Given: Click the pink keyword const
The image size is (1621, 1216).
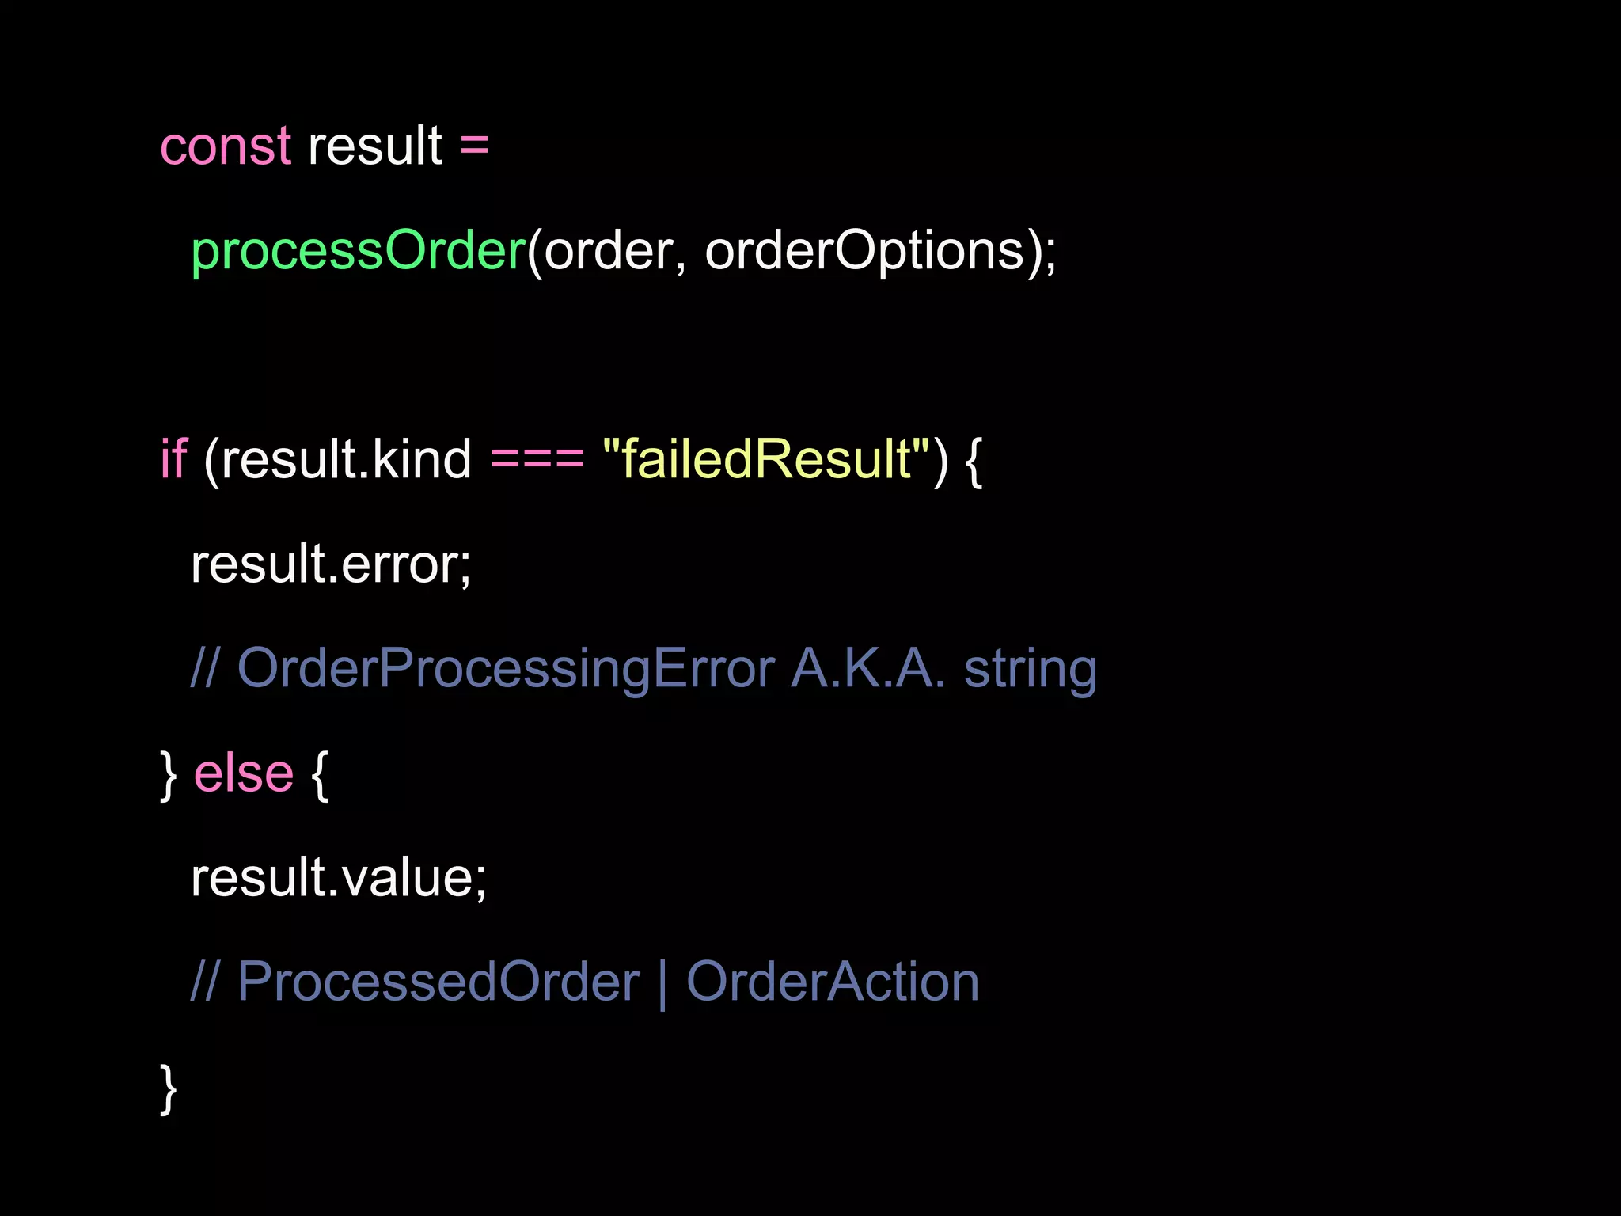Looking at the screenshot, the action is click(x=226, y=147).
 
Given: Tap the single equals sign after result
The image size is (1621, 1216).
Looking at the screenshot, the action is click(x=473, y=147).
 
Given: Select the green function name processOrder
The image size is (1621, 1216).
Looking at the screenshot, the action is click(x=359, y=252).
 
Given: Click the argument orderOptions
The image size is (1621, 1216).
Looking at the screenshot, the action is click(x=864, y=252).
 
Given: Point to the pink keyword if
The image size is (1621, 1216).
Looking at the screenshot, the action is click(x=173, y=460).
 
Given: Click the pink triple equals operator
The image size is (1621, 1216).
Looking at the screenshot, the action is click(x=537, y=460).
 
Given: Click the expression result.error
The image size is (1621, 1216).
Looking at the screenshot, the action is click(x=330, y=564).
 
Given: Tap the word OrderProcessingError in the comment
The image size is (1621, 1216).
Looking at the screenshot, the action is click(x=506, y=669).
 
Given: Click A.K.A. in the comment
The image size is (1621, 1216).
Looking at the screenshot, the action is click(x=867, y=669).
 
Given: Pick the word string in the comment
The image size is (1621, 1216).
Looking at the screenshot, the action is click(x=1030, y=669).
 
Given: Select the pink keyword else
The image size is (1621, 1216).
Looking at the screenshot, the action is click(x=244, y=773).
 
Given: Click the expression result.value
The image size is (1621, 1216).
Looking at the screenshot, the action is click(x=338, y=878).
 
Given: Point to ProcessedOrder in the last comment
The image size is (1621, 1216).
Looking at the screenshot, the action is click(x=438, y=982).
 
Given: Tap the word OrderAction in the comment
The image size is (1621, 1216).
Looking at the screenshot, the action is click(x=832, y=982).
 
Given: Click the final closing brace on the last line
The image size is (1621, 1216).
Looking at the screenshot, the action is click(x=168, y=1089).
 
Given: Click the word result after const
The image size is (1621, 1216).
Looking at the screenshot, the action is click(x=374, y=147).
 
